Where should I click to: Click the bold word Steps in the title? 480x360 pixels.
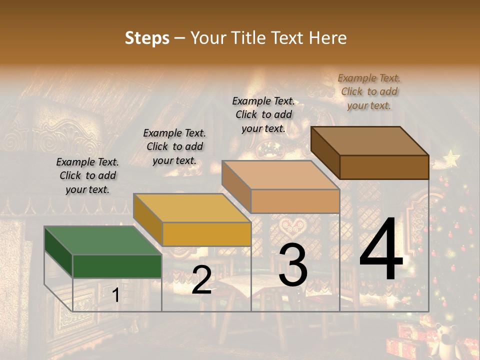coord(147,38)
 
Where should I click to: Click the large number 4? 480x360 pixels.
coord(381,249)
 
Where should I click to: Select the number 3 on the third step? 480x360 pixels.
coord(293,265)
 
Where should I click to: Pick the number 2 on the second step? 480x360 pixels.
coord(201,280)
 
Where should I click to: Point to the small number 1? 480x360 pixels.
coord(115,295)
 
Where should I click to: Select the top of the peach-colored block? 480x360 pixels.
coord(280,175)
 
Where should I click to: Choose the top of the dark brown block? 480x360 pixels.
coord(369,141)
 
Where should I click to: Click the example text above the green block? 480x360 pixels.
coord(87,175)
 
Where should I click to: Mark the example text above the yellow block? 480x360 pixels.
coord(174,146)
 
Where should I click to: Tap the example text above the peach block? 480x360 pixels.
coord(263,114)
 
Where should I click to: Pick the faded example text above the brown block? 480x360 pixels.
coord(369,91)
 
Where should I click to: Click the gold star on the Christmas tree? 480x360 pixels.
coord(451,159)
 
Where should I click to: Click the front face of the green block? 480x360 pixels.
coord(117,266)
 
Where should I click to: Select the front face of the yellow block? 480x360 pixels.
coord(206,234)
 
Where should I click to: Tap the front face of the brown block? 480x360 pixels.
coord(384,167)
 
